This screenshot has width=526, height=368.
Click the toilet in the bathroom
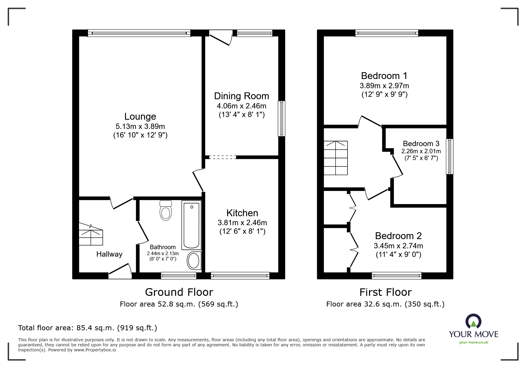pos(166,211)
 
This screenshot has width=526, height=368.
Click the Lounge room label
pos(140,116)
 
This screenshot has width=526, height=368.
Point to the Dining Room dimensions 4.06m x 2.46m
pos(241,106)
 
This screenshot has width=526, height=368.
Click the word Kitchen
pos(242,213)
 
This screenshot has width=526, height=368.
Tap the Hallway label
pos(109,254)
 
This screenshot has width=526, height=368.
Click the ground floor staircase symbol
pos(91,236)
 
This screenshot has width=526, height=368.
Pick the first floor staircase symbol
pos(336,158)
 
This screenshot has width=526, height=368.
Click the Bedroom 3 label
pos(421,144)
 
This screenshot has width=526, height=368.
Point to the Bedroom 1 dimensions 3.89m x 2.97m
pos(384,86)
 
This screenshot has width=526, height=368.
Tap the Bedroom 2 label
pos(398,236)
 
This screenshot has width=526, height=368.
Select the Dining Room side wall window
pos(281,119)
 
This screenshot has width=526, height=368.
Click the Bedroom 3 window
pos(450,156)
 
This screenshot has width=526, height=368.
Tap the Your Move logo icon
pos(473,321)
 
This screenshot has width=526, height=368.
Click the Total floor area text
pos(88,328)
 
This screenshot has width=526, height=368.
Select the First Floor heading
pos(385,292)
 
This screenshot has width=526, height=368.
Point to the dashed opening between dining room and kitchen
pos(221,157)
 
